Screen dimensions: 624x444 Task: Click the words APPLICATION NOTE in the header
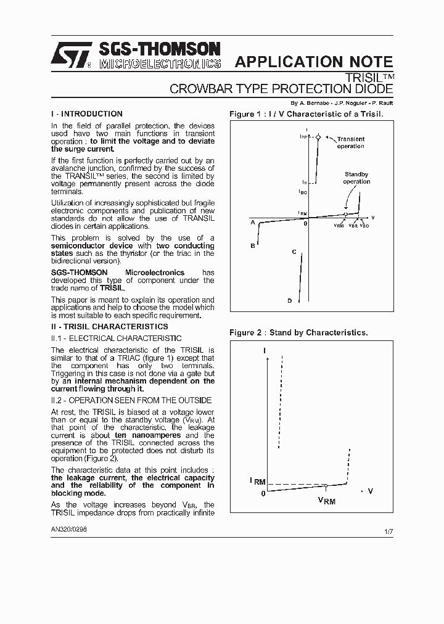(x=314, y=62)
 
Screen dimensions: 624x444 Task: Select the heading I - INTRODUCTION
(x=87, y=114)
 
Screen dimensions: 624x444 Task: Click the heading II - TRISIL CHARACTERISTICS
(x=109, y=326)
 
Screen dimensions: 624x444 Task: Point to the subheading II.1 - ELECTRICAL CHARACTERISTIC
(x=116, y=339)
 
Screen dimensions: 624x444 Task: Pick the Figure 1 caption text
(x=306, y=114)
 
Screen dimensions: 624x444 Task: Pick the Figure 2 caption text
(x=298, y=332)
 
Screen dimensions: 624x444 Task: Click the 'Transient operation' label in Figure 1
(x=350, y=142)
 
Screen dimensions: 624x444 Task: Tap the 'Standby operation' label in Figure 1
(x=356, y=178)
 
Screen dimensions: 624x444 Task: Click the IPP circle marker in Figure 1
(x=318, y=138)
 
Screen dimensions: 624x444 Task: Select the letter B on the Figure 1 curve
(x=253, y=246)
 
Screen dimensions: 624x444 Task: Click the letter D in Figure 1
(x=289, y=301)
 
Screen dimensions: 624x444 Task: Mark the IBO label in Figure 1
(x=303, y=192)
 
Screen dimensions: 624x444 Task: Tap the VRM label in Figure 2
(x=327, y=501)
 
